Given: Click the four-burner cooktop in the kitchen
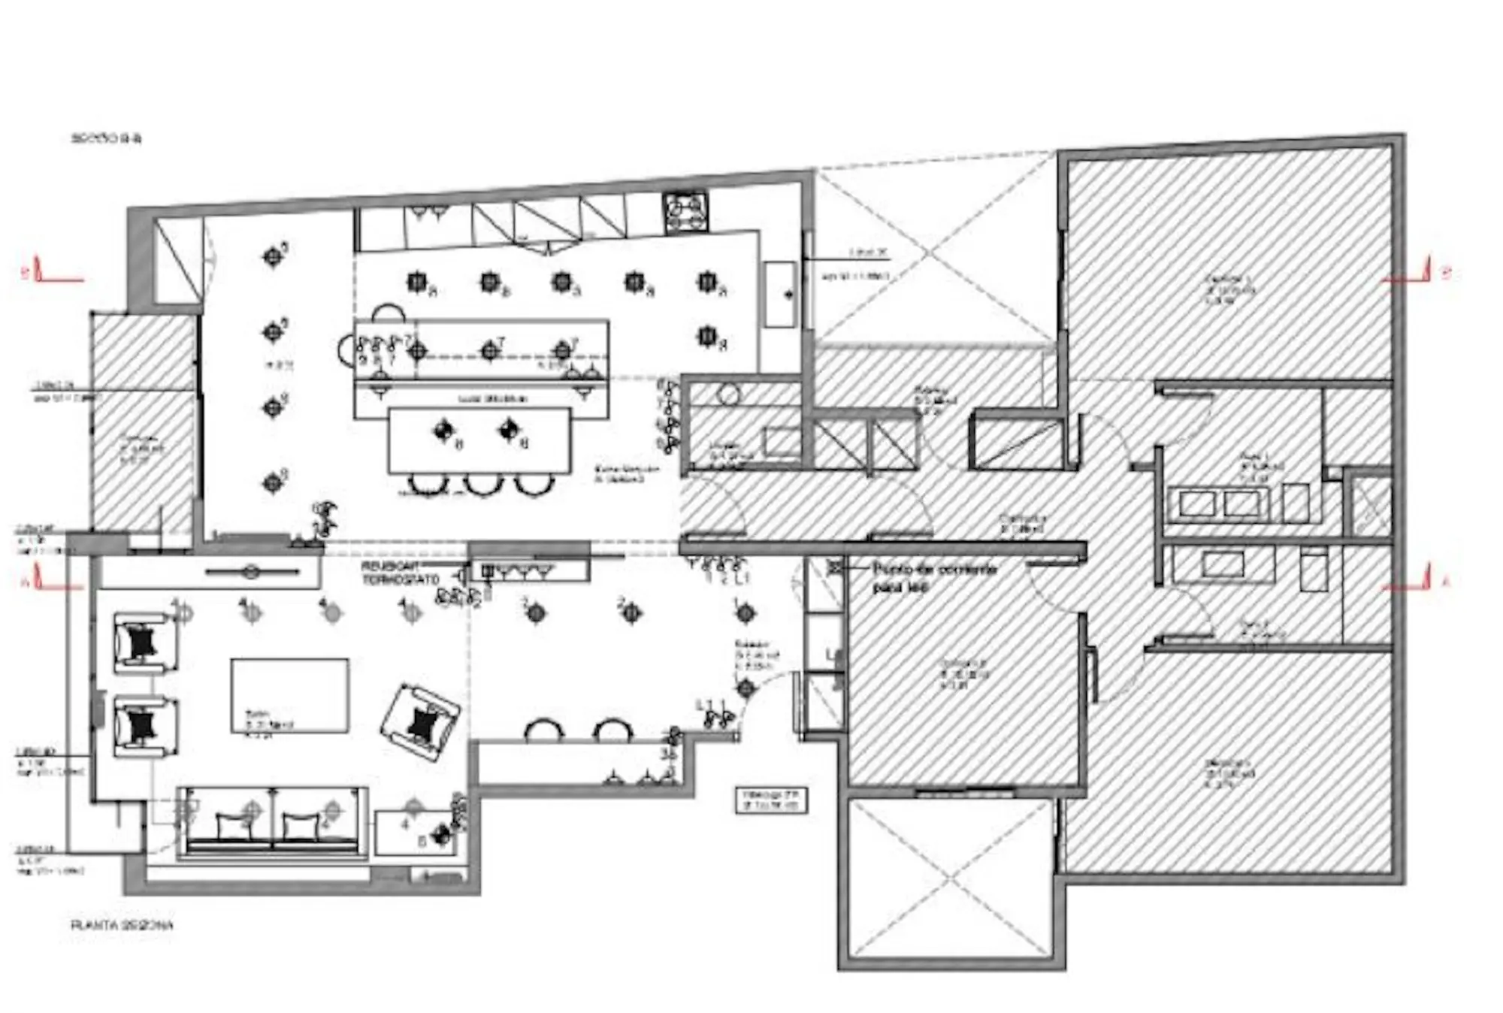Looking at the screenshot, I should pos(685,212).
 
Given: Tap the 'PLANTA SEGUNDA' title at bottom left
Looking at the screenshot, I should pos(122,925).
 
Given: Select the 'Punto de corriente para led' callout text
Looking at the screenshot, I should pos(933,577).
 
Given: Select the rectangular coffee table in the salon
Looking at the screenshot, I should pos(289,695).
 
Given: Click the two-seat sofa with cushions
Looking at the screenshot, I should pos(273,823).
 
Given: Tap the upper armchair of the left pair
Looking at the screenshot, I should pos(145,643).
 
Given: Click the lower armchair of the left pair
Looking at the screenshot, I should pos(145,727).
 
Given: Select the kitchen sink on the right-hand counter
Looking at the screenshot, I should pos(780,294).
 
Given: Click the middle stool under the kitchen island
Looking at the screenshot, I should pos(479,485).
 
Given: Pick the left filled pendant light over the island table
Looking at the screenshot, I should pos(444,430).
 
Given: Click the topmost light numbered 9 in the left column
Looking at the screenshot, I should pos(273,257).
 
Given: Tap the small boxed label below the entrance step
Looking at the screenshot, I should pos(771,800).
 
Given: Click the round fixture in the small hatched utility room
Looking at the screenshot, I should pos(727,395).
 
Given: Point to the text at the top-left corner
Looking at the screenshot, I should pos(107,138).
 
